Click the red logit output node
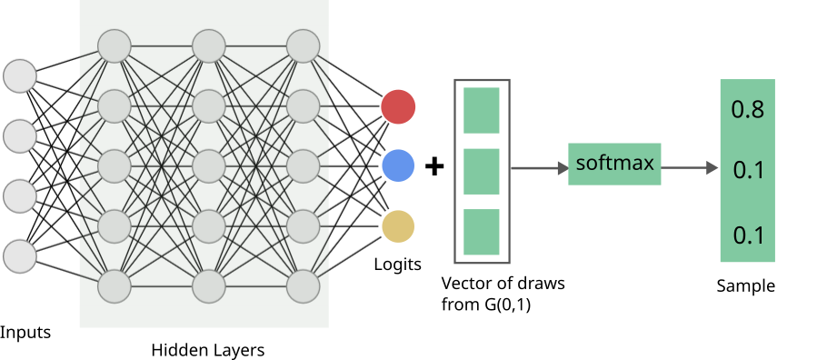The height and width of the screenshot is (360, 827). (x=398, y=106)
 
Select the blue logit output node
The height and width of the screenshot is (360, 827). (x=398, y=165)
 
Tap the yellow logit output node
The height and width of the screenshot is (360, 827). (x=398, y=226)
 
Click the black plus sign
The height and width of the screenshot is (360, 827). (x=435, y=167)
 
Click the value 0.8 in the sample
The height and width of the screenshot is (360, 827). (x=747, y=111)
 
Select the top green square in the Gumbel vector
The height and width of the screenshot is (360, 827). (x=482, y=110)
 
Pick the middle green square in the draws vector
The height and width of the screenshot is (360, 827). (x=482, y=171)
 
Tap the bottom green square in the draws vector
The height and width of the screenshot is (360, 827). (x=482, y=232)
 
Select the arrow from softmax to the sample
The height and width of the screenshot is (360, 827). (x=691, y=168)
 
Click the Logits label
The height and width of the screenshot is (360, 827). (x=398, y=265)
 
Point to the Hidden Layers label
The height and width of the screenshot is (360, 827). (x=207, y=350)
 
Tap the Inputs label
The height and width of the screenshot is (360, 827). (x=25, y=332)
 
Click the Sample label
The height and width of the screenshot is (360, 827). (x=745, y=285)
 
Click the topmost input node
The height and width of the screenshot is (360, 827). (x=20, y=75)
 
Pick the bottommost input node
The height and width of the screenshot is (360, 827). (x=20, y=256)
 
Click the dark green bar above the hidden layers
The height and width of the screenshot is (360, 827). (x=204, y=12)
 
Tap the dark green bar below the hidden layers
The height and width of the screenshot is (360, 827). (x=204, y=316)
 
